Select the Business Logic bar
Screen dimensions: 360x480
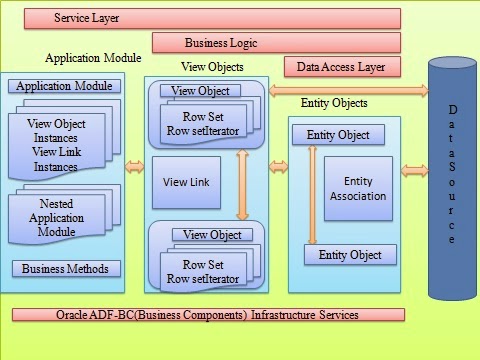point(276,43)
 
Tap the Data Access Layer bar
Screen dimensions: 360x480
point(342,67)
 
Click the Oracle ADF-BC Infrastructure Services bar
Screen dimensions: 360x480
point(209,314)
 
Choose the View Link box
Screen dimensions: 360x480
point(186,182)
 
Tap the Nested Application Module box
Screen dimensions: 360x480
point(63,217)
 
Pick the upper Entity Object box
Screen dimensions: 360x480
point(337,135)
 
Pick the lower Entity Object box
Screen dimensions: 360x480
point(350,255)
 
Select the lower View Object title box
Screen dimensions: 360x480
point(212,234)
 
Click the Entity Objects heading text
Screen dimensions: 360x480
point(334,103)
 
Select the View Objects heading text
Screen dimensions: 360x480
point(212,67)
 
